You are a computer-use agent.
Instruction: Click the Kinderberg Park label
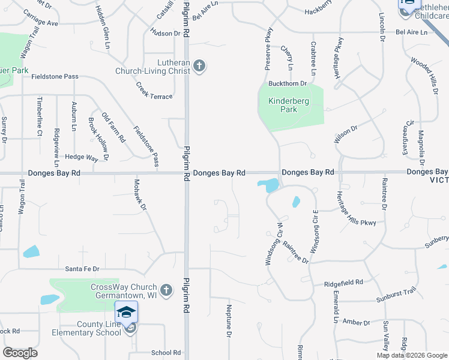[288, 105]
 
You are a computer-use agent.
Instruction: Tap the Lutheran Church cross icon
[199, 67]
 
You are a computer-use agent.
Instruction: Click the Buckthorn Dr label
[288, 83]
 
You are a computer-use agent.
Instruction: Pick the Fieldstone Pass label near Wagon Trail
[55, 77]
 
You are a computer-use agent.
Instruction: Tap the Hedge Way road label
[82, 158]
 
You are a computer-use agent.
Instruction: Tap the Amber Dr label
[355, 322]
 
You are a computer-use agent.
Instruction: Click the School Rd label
[166, 353]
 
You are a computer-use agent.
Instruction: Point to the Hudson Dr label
[166, 33]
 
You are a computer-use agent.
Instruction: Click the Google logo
[20, 353]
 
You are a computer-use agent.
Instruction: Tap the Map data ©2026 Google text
[412, 356]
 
